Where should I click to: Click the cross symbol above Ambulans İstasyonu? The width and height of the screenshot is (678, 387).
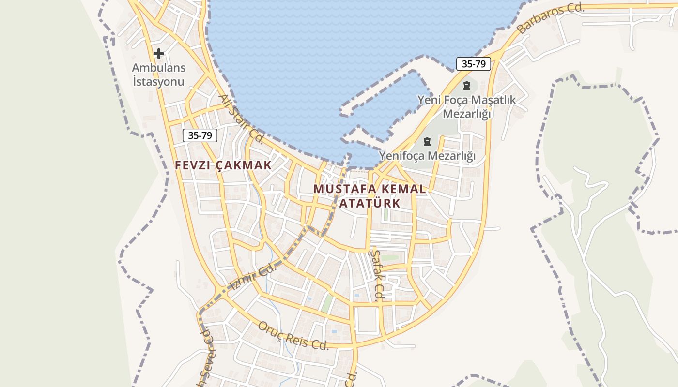point(158,53)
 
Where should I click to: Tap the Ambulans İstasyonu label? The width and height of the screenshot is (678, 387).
point(159,74)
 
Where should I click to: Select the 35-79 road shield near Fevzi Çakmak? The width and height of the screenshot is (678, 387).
point(200,135)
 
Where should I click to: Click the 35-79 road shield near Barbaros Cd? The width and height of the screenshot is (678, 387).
point(474,63)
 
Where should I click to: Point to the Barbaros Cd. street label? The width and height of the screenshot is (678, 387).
point(551,18)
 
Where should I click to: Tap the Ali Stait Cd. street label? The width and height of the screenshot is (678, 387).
point(241,119)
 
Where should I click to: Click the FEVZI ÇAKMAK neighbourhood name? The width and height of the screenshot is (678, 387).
point(223,165)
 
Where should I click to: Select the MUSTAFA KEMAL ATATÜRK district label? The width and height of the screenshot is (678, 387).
point(370,195)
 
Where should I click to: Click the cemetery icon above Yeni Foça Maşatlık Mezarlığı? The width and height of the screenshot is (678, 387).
point(466,86)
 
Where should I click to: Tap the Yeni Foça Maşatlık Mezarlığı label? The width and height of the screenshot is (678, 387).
point(467,107)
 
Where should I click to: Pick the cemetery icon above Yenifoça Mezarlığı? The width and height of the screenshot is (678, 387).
point(427,142)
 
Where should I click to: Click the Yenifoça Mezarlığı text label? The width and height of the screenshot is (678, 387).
point(427,156)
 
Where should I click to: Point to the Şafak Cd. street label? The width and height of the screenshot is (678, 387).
point(376,274)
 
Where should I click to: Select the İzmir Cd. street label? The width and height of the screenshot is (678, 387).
point(251,278)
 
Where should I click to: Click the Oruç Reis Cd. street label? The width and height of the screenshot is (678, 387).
point(293,335)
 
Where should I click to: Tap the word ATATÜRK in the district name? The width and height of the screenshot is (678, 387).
point(370,203)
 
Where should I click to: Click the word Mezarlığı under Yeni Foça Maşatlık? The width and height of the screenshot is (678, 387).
point(467,114)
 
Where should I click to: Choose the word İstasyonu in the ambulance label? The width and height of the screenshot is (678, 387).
point(159,81)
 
